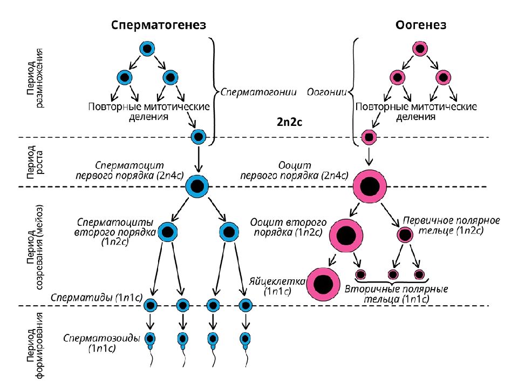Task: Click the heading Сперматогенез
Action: (x=159, y=25)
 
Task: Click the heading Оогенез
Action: (x=421, y=25)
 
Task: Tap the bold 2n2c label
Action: (x=289, y=122)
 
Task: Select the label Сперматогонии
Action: (x=258, y=92)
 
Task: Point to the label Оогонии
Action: (x=327, y=92)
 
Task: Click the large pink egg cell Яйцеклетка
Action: (x=323, y=284)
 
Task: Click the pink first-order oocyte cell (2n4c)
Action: (x=370, y=186)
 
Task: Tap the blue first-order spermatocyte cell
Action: (x=197, y=186)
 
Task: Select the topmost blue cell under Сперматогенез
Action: (x=147, y=49)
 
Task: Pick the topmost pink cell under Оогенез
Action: (x=420, y=49)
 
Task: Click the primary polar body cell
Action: (x=405, y=235)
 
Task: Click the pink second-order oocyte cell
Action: (x=346, y=236)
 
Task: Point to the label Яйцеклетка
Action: (x=277, y=281)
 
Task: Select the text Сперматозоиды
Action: (x=102, y=338)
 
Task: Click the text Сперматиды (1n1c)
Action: (x=97, y=297)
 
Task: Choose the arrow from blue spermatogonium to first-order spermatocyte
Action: (x=198, y=158)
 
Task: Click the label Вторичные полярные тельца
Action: (x=397, y=294)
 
